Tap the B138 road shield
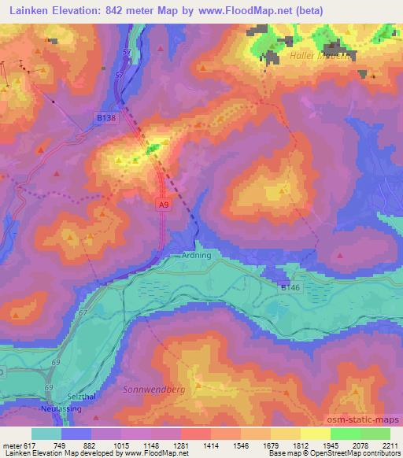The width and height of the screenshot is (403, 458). [96, 116]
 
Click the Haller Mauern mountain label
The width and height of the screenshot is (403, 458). [319, 56]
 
